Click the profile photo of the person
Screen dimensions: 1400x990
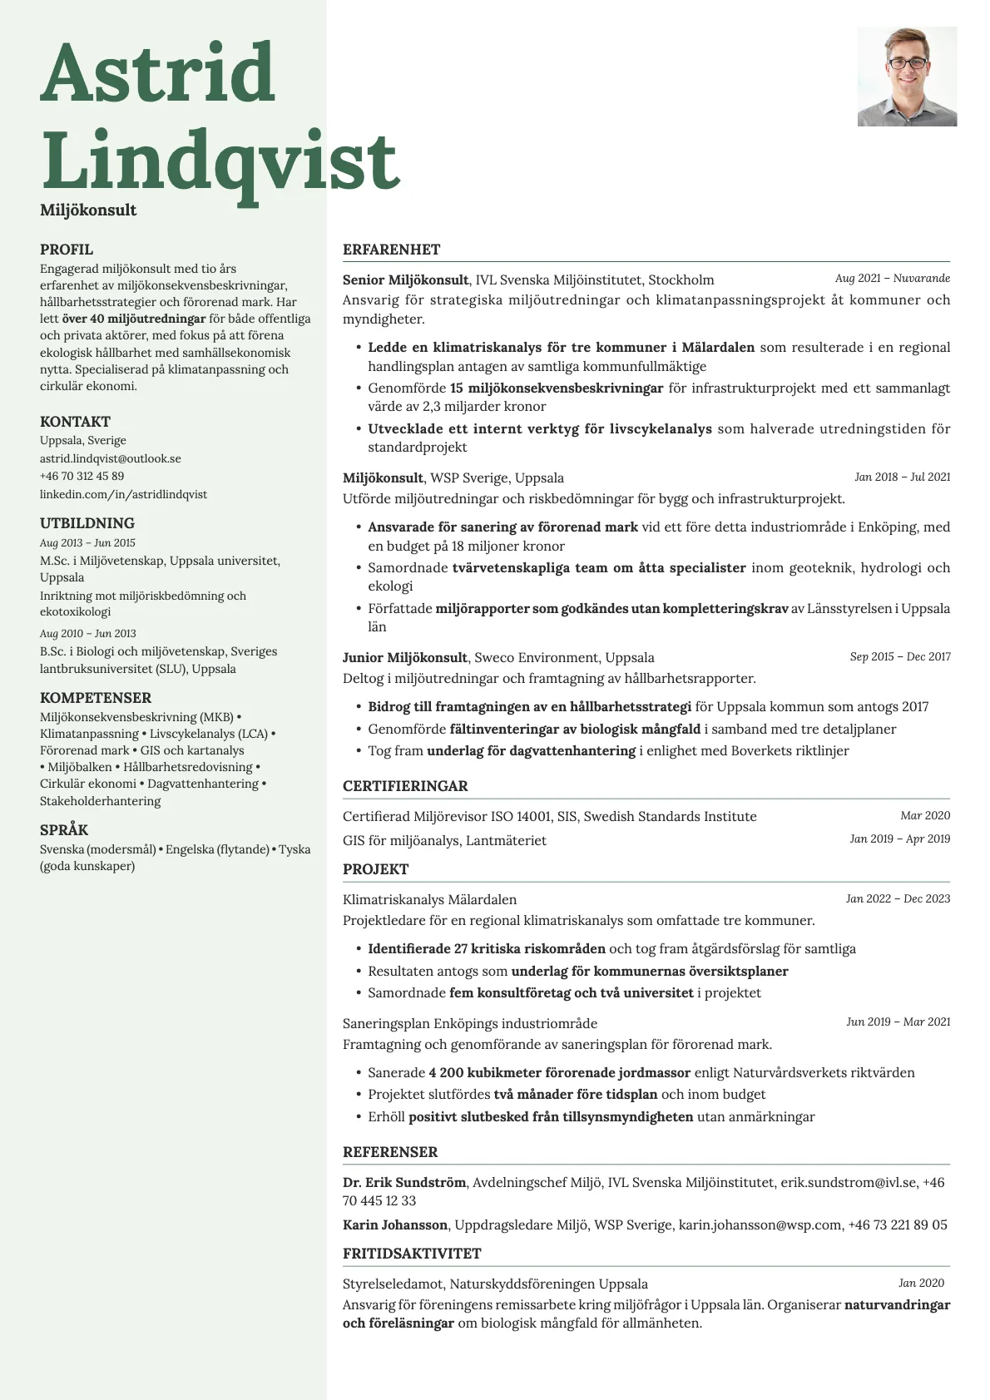907,77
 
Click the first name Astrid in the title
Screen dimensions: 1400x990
157,73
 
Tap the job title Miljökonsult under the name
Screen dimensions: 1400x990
88,210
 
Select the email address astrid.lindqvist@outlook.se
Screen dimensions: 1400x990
111,458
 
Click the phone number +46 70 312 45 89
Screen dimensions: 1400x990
82,477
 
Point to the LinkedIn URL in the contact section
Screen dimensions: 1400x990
123,494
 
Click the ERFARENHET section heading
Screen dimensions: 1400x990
391,250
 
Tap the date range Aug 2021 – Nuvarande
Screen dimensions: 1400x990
892,279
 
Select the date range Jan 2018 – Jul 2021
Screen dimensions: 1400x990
902,477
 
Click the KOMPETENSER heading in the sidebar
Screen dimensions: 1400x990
96,698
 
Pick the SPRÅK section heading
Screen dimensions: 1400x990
64,830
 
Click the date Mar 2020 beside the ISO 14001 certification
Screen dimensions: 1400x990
924,816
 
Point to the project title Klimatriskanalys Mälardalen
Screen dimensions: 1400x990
429,900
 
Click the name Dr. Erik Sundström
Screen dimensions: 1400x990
403,1183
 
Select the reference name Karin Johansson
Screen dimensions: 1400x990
395,1225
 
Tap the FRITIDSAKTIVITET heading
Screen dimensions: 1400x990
412,1254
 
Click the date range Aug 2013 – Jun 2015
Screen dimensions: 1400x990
87,543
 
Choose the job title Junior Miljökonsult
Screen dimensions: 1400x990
404,658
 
